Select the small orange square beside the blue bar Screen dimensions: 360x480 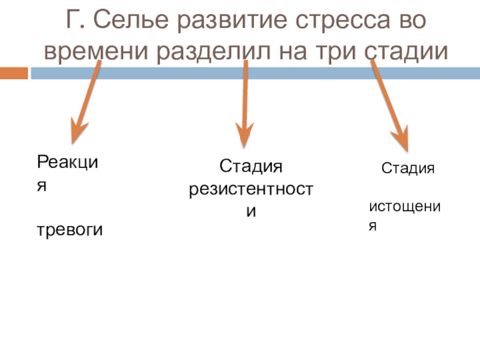tap(14, 73)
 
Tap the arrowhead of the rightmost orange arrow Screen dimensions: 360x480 tap(401, 139)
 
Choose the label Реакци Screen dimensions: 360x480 tap(67, 162)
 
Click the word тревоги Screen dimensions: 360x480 tap(70, 229)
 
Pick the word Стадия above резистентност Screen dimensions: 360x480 tap(250, 166)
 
